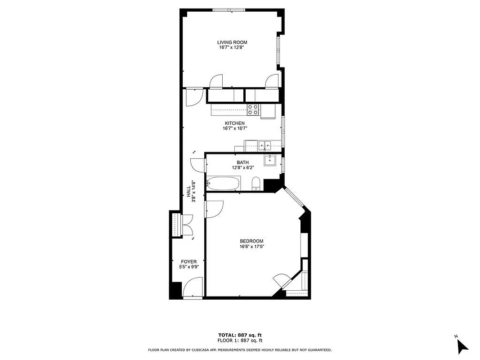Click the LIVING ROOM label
tap(232, 42)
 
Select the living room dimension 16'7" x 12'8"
tap(232, 47)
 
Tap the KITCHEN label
tap(235, 123)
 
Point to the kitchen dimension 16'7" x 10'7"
tap(235, 128)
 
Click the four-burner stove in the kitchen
tap(253, 109)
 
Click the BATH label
tap(243, 162)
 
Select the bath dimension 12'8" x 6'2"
tap(243, 167)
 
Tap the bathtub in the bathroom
tap(224, 184)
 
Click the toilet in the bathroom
tap(256, 184)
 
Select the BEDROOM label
tap(251, 241)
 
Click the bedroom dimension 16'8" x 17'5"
tap(251, 246)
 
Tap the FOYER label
tap(188, 261)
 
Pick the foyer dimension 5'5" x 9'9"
tap(188, 266)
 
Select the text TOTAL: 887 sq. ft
tap(240, 335)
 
